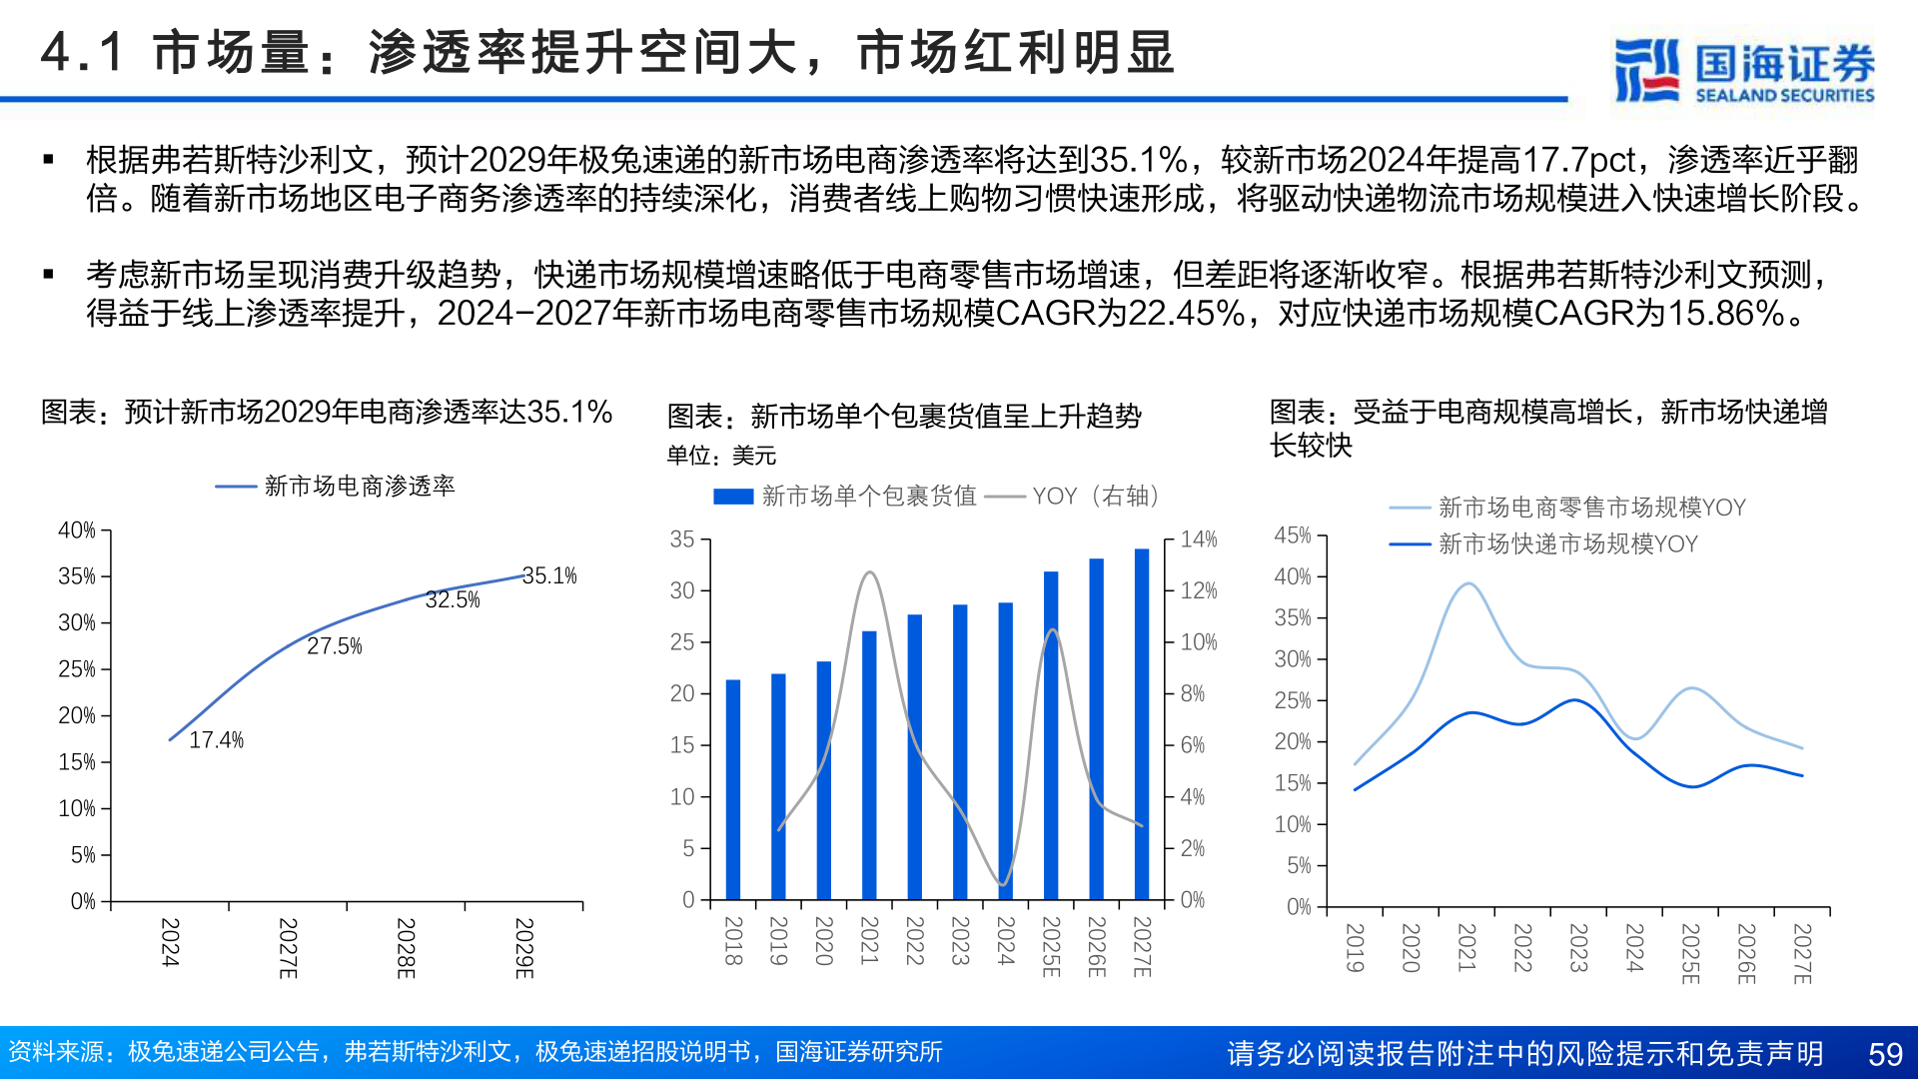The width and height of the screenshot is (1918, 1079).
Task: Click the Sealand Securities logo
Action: [x=1743, y=70]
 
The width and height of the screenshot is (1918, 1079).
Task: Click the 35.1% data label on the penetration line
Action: [x=549, y=576]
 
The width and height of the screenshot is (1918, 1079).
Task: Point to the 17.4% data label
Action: [x=216, y=740]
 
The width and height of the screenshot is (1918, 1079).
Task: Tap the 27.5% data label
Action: [x=334, y=646]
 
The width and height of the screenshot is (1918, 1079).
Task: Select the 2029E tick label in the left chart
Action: [x=523, y=947]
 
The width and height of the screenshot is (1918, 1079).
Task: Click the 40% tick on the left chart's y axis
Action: [x=77, y=531]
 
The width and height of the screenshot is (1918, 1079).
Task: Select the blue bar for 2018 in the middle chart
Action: [x=733, y=789]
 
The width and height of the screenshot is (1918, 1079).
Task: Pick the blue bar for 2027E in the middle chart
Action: [x=1141, y=724]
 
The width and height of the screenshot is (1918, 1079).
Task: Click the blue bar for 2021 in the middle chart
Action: [x=869, y=764]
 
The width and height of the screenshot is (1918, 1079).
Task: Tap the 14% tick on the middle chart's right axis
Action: [x=1199, y=539]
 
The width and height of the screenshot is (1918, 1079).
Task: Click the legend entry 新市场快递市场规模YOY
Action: [x=1567, y=544]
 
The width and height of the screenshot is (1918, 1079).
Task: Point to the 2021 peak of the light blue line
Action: [x=1467, y=583]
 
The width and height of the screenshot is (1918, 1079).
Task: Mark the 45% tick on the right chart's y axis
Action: [x=1293, y=536]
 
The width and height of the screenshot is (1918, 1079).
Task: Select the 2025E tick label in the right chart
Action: [x=1689, y=953]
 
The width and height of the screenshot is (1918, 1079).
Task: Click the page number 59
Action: [x=1885, y=1054]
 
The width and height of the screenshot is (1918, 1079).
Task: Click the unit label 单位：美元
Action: [x=721, y=457]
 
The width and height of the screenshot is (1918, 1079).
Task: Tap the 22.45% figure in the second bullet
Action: [x=1186, y=314]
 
